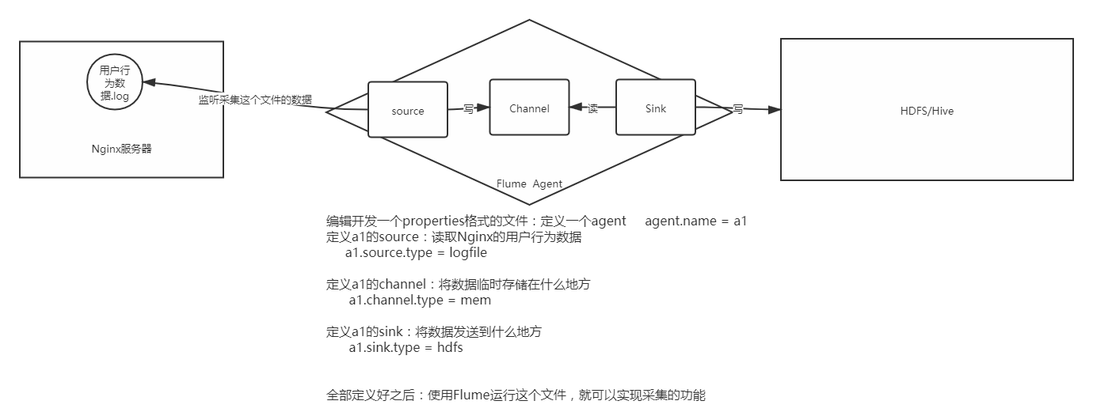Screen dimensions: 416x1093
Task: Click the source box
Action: pyautogui.click(x=408, y=110)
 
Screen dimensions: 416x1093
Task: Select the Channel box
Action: pyautogui.click(x=529, y=108)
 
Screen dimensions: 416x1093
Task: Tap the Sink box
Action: pyautogui.click(x=656, y=108)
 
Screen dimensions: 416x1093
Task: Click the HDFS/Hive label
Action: pyautogui.click(x=927, y=111)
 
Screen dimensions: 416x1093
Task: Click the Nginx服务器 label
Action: pyautogui.click(x=121, y=148)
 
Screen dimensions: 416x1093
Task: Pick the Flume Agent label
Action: pyautogui.click(x=529, y=183)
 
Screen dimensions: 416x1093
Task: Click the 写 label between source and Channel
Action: pyautogui.click(x=468, y=109)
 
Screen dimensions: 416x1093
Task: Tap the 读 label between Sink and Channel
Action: pyautogui.click(x=592, y=108)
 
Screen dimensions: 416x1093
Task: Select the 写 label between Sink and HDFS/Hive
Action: pyautogui.click(x=737, y=109)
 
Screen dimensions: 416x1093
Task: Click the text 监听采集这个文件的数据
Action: pyautogui.click(x=254, y=100)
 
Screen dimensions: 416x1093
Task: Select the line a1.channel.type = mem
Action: pyautogui.click(x=419, y=301)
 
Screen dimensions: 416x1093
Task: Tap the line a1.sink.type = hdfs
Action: pyautogui.click(x=406, y=348)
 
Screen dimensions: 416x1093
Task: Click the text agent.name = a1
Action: pyautogui.click(x=695, y=221)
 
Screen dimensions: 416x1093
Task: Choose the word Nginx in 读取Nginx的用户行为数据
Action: pyautogui.click(x=455, y=237)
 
